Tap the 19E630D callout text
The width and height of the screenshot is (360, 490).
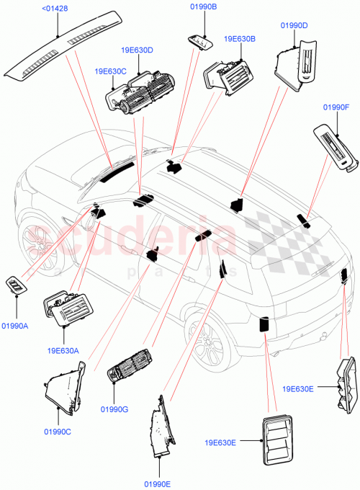click(x=137, y=50)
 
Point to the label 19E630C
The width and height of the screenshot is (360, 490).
click(x=110, y=71)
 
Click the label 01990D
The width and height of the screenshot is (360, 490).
click(x=294, y=26)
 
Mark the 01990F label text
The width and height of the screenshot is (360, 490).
click(x=336, y=107)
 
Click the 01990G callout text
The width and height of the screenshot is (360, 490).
click(x=114, y=409)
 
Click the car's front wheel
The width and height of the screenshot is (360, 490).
click(x=40, y=244)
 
